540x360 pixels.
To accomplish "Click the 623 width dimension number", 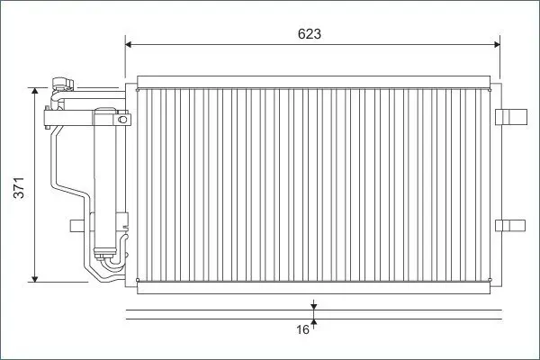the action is click(310, 34).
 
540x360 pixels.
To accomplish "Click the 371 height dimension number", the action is click(19, 188).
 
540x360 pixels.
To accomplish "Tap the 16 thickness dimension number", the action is click(302, 329).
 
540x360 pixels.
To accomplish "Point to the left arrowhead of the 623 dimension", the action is click(129, 44).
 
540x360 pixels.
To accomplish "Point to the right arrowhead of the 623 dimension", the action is click(497, 44).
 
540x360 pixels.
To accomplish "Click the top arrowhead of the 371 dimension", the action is click(34, 91).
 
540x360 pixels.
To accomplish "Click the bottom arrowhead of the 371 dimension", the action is click(34, 279).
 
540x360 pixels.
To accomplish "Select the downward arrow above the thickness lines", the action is click(314, 305).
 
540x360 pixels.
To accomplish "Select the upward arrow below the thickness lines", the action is click(314, 324).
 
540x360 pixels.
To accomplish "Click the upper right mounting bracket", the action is click(511, 117).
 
